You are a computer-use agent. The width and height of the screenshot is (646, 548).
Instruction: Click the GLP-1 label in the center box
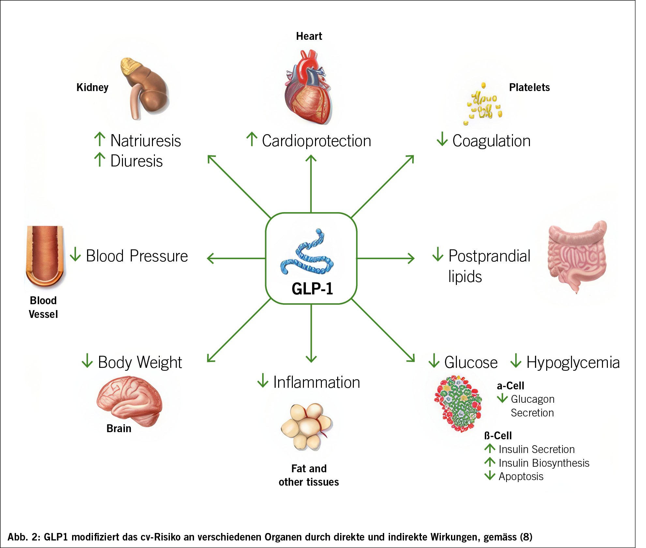tap(312, 289)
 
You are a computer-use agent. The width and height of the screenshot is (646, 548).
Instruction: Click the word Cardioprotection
tap(316, 141)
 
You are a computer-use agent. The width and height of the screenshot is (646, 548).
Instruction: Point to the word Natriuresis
tap(145, 141)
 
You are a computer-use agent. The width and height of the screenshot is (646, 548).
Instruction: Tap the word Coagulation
tap(491, 141)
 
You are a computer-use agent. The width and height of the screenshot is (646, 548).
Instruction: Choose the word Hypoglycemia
tap(573, 362)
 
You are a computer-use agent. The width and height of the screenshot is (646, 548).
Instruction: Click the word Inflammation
tap(316, 382)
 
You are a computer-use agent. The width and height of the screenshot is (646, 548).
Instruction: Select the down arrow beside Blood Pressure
tap(75, 254)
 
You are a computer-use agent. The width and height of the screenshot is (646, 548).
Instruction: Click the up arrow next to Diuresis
tap(99, 160)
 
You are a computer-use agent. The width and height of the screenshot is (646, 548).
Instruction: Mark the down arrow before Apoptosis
tap(489, 476)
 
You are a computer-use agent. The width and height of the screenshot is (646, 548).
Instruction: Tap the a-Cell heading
tap(510, 386)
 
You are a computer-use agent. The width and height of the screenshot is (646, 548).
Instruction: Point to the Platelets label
tap(529, 87)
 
